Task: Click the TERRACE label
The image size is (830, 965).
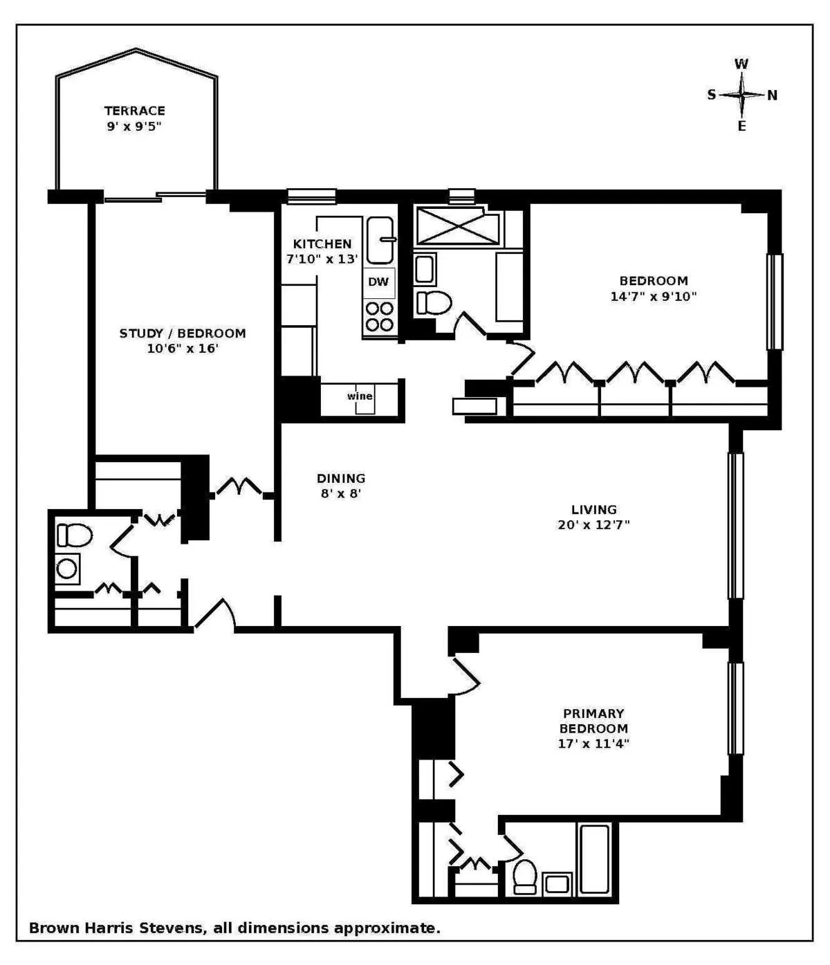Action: coord(135,111)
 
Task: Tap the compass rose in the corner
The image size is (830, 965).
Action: coord(741,95)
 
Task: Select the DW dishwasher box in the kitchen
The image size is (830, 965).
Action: coord(378,282)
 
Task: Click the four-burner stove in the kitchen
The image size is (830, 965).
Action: coord(379,317)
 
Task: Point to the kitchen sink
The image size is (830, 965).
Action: coord(380,240)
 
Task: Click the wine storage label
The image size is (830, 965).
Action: coord(360,396)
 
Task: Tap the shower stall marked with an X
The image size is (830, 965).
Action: coord(457,226)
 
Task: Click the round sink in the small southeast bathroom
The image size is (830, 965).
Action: coord(67,569)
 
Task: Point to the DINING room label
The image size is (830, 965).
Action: coord(341,479)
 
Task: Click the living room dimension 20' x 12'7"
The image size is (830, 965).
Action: coord(593,525)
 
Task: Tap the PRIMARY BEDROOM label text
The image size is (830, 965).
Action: coord(593,721)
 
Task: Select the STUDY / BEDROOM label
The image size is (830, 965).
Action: coord(183,333)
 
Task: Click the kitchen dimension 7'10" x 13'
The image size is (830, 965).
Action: coord(322,259)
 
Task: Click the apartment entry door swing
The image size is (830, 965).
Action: coord(216,614)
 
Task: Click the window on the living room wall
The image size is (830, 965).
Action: coord(735,526)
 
